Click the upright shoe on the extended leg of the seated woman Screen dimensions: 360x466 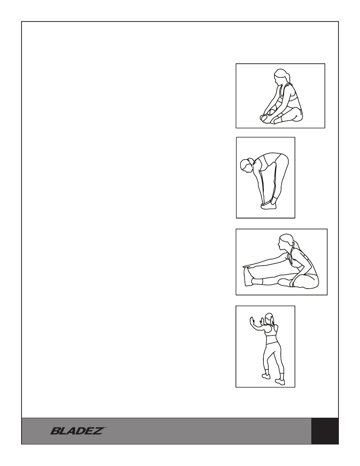point(248,276)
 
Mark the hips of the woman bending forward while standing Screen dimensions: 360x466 point(282,160)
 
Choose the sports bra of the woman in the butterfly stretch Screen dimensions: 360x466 point(292,97)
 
